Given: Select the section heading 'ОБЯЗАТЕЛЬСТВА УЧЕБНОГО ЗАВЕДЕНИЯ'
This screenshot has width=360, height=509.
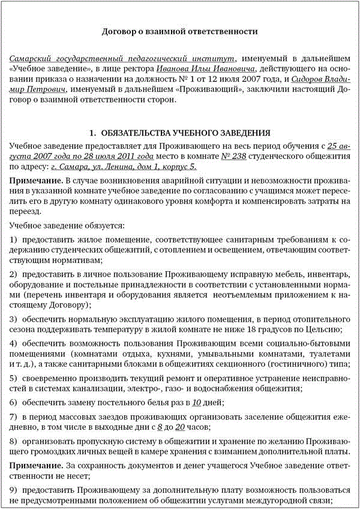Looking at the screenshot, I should tap(185, 133).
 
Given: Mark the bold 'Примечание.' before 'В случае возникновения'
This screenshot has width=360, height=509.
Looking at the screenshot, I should tap(36, 181).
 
